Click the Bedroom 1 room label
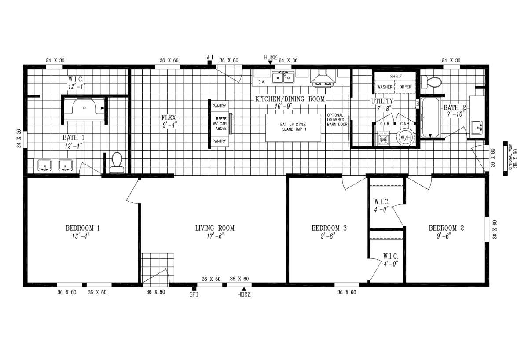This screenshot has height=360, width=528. (83, 228)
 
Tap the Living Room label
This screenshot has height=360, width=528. (215, 228)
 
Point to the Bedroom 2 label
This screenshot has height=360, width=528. (447, 228)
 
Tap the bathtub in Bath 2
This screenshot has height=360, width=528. (430, 118)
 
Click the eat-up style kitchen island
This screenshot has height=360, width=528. (293, 127)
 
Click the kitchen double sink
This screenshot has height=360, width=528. (283, 78)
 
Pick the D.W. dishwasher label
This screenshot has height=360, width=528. (261, 81)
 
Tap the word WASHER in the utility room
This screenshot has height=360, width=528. (385, 87)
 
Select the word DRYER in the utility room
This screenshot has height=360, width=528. (405, 87)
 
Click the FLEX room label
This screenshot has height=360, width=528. (169, 118)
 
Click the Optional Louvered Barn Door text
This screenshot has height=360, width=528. (337, 120)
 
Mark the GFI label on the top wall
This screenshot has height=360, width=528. (209, 57)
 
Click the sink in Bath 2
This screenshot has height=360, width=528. (477, 127)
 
